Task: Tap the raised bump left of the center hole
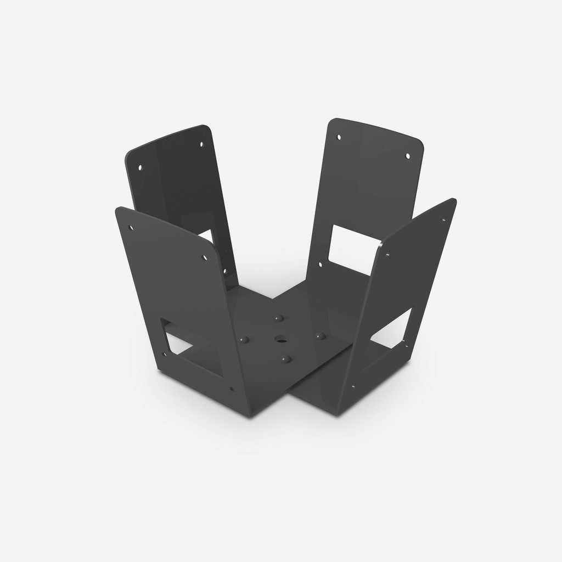[x=245, y=340]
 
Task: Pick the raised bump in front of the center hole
[x=285, y=359]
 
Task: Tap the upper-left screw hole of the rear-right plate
[x=339, y=137]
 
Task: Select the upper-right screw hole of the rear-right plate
[x=407, y=156]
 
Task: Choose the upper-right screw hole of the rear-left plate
[x=201, y=144]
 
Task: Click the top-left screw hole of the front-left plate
[x=131, y=227]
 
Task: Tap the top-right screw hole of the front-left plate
[x=205, y=257]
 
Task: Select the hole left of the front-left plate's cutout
[x=163, y=354]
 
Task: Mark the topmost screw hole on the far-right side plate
[x=443, y=220]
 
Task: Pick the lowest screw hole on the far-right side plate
[x=352, y=386]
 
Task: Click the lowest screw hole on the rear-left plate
[x=224, y=270]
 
